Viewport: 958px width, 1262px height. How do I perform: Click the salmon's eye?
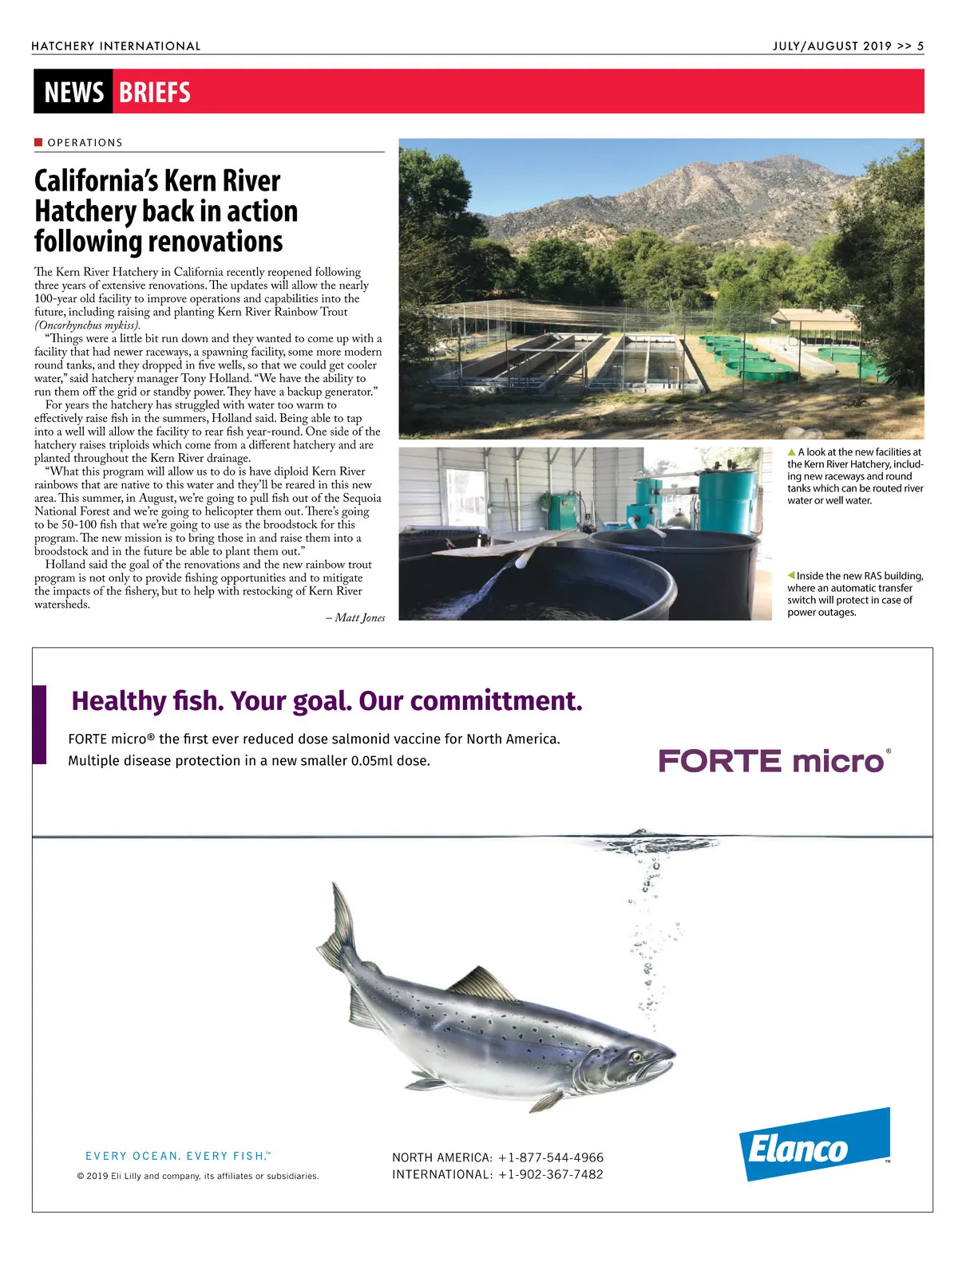637,1057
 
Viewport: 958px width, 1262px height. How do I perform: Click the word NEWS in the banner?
73,93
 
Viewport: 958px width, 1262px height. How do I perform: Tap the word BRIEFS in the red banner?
155,93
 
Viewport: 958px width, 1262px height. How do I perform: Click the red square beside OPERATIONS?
38,142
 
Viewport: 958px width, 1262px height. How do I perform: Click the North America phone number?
550,1157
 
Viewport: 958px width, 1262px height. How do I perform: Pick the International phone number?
550,1174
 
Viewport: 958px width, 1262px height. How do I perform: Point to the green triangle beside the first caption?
791,452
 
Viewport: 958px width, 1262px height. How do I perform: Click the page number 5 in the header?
920,46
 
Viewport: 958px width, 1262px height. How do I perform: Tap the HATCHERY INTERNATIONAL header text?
116,46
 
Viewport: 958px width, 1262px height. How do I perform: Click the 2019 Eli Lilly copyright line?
197,1176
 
